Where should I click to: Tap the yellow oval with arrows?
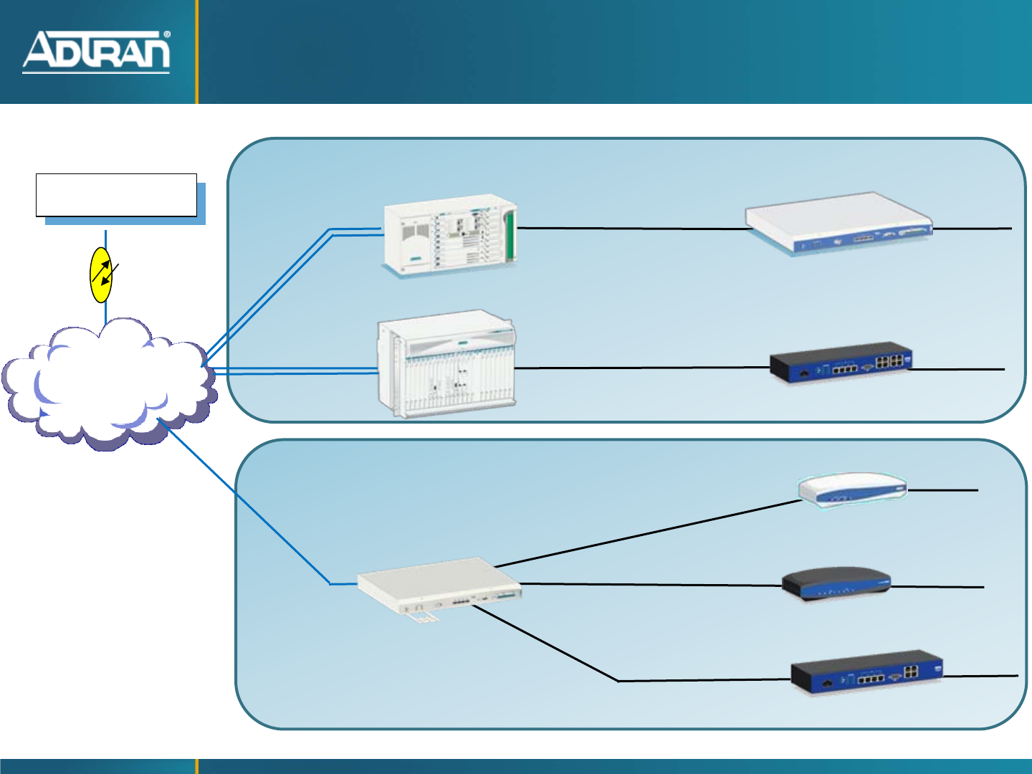pyautogui.click(x=101, y=275)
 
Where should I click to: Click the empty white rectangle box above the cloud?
pyautogui.click(x=116, y=194)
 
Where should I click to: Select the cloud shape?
pyautogui.click(x=107, y=383)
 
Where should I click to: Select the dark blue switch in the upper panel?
pyautogui.click(x=841, y=363)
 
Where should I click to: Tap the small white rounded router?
pyautogui.click(x=852, y=490)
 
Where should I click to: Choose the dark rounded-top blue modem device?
pyautogui.click(x=836, y=584)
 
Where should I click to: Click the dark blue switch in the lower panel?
pyautogui.click(x=866, y=672)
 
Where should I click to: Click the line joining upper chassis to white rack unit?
pyautogui.click(x=631, y=229)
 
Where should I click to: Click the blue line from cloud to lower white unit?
pyautogui.click(x=244, y=502)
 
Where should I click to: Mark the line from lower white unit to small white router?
pyautogui.click(x=645, y=534)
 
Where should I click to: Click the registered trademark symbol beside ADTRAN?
pyautogui.click(x=167, y=34)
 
